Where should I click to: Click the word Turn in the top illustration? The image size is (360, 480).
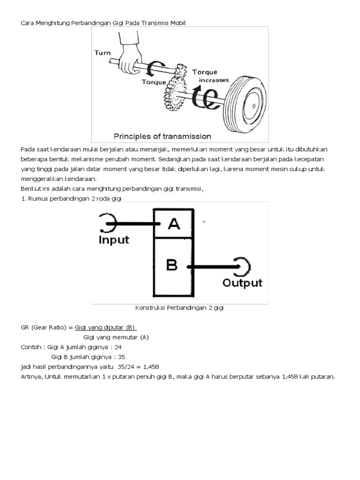pyautogui.click(x=103, y=53)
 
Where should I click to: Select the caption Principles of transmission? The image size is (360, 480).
pyautogui.click(x=163, y=136)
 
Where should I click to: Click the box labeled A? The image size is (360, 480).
pyautogui.click(x=173, y=224)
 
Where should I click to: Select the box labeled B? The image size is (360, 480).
pyautogui.click(x=172, y=265)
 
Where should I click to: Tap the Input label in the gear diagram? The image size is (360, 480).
pyautogui.click(x=114, y=240)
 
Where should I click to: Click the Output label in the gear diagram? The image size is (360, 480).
pyautogui.click(x=242, y=283)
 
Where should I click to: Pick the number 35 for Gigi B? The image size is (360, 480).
pyautogui.click(x=121, y=356)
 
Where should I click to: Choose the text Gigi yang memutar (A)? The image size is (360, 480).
pyautogui.click(x=116, y=337)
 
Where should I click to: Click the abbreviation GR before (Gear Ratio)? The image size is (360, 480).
pyautogui.click(x=25, y=327)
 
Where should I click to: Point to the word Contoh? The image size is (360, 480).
pyautogui.click(x=30, y=347)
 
